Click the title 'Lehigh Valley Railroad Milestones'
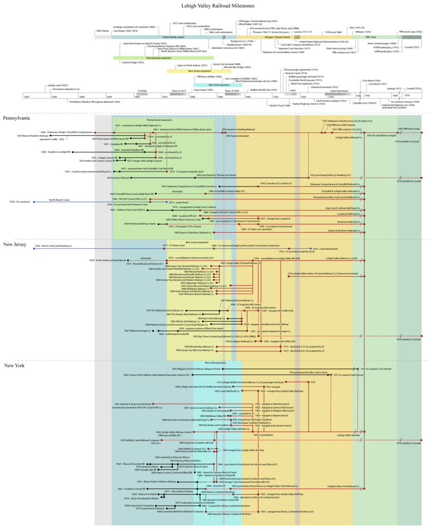(218, 6)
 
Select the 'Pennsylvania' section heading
(16, 118)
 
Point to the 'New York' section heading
(15, 366)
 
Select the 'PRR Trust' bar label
(371, 37)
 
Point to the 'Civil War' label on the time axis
(142, 91)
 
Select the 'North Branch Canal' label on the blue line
(59, 199)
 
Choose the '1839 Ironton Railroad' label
(118, 178)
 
